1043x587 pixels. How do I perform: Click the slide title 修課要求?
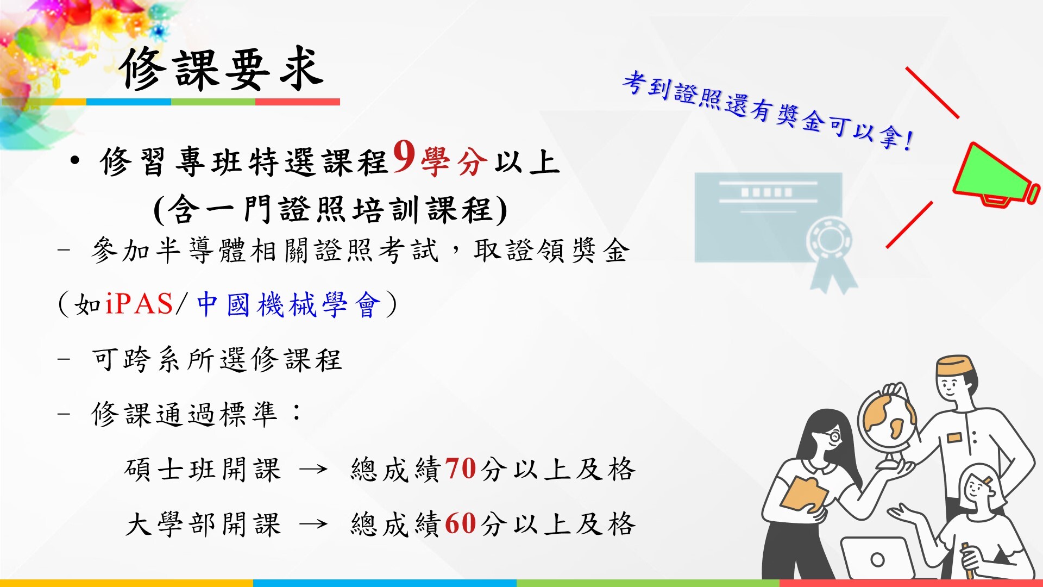pos(222,69)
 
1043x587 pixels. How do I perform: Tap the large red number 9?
pos(404,157)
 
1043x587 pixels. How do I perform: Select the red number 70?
pos(461,468)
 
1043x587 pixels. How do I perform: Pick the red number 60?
pos(461,523)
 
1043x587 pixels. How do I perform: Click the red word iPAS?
pos(139,303)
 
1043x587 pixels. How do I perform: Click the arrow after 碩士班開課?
pos(313,469)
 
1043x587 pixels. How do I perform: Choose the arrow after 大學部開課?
pos(313,524)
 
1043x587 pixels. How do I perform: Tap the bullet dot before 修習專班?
pos(75,161)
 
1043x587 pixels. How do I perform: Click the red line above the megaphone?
pos(932,92)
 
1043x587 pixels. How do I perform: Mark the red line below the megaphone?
pos(909,225)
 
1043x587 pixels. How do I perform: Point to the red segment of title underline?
pos(298,102)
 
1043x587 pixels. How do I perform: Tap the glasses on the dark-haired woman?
pos(833,435)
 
